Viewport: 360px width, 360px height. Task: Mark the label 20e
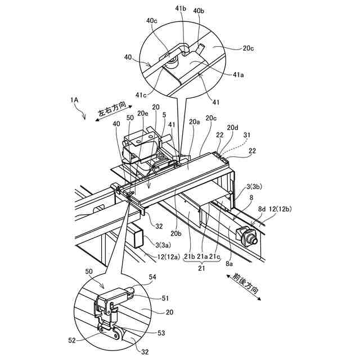point(143,114)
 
